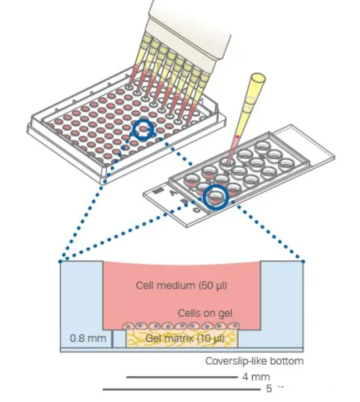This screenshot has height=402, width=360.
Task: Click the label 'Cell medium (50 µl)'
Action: pyautogui.click(x=181, y=285)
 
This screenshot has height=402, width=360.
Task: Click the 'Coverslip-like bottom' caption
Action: pyautogui.click(x=254, y=361)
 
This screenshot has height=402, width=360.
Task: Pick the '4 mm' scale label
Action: pyautogui.click(x=257, y=377)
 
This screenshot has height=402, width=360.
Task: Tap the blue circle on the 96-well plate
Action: pyautogui.click(x=144, y=130)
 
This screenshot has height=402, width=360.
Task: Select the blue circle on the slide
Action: pyautogui.click(x=216, y=197)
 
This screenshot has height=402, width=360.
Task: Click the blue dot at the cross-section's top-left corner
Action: pyautogui.click(x=60, y=261)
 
